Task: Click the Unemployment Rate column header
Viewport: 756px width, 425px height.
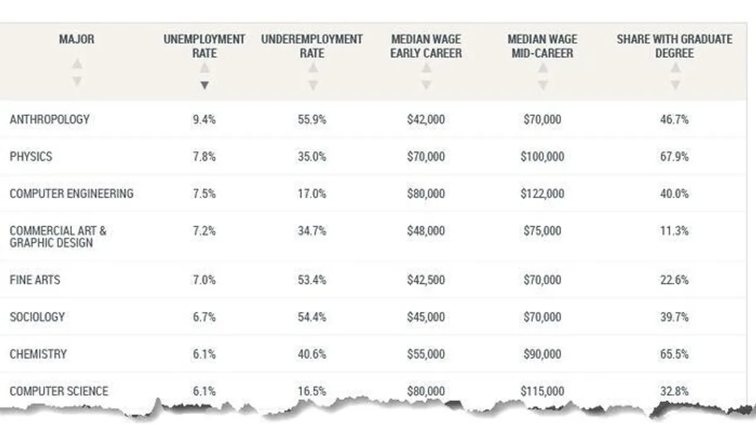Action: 204,46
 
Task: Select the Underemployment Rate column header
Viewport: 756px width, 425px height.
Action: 312,46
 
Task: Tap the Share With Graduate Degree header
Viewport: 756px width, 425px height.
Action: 674,46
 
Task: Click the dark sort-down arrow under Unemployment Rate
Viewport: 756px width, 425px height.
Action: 204,85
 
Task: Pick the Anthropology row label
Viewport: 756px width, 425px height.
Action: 50,119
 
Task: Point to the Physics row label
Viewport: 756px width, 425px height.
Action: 31,156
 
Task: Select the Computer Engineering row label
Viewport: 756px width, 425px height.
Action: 72,193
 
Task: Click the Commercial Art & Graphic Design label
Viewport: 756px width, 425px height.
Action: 58,237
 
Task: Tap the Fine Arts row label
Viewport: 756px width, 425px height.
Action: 35,279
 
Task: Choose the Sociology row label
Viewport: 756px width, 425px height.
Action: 37,317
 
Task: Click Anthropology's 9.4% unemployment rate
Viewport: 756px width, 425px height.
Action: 204,119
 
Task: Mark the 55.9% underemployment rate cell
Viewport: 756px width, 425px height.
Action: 312,119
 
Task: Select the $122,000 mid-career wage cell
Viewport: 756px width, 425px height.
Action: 542,193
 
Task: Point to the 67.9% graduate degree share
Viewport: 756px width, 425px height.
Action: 674,156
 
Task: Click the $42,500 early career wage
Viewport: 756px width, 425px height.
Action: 426,279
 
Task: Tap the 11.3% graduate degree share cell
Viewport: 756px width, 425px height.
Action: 674,231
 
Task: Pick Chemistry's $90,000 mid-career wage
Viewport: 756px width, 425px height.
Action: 542,354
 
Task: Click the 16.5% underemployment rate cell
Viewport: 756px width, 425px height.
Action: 312,391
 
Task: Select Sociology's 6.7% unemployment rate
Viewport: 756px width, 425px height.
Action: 204,317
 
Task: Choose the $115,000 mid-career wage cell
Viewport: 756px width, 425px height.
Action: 542,391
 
